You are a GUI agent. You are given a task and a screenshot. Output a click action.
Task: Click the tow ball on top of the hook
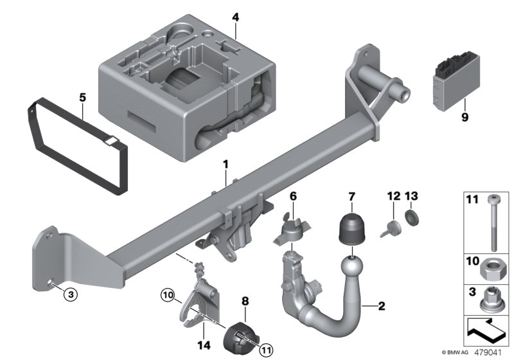point(350,265)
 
